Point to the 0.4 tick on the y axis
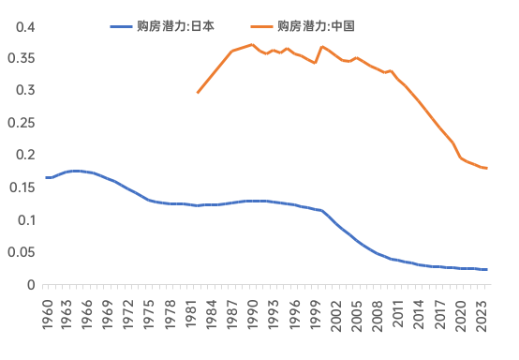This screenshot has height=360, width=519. pyautogui.click(x=25, y=26)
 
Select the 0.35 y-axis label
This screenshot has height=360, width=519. pyautogui.click(x=22, y=58)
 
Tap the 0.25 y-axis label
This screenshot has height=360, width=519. pyautogui.click(x=22, y=123)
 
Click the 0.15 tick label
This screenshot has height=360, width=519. pyautogui.click(x=22, y=187)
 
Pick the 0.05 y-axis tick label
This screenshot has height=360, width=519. pyautogui.click(x=22, y=252)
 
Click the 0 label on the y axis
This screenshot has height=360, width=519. pyautogui.click(x=31, y=285)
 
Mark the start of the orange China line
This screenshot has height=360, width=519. pyautogui.click(x=198, y=92)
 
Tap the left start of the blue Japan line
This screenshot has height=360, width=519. pyautogui.click(x=47, y=177)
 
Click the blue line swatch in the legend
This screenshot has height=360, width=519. pyautogui.click(x=122, y=26)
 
